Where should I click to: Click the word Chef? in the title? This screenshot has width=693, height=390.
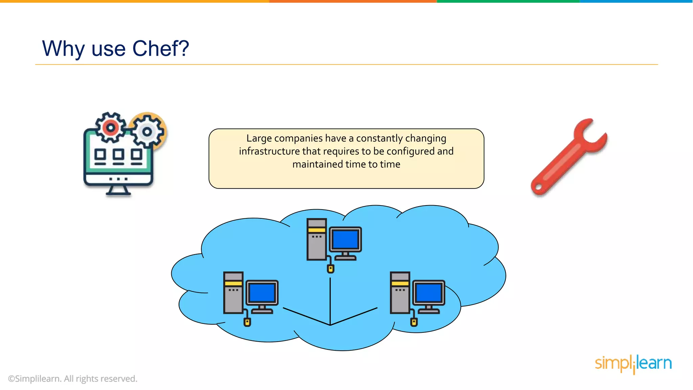coord(160,48)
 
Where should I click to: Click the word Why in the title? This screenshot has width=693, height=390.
coord(63,48)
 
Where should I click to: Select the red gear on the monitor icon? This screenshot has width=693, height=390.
coord(110,128)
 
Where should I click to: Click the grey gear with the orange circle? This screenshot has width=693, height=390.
coord(148,131)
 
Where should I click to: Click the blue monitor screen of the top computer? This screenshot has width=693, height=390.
coord(345,239)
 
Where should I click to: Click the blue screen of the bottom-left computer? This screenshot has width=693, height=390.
coord(262,292)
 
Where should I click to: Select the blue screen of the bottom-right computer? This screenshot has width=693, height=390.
coord(428,292)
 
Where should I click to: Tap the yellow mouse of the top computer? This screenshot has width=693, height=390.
coord(331,269)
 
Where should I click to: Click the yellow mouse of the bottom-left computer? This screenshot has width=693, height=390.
coord(247,322)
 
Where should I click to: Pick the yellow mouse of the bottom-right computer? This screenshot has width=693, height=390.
coord(414,322)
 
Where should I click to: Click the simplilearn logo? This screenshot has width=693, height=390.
coord(633,364)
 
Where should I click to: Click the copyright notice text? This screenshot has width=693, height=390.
coord(73,379)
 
